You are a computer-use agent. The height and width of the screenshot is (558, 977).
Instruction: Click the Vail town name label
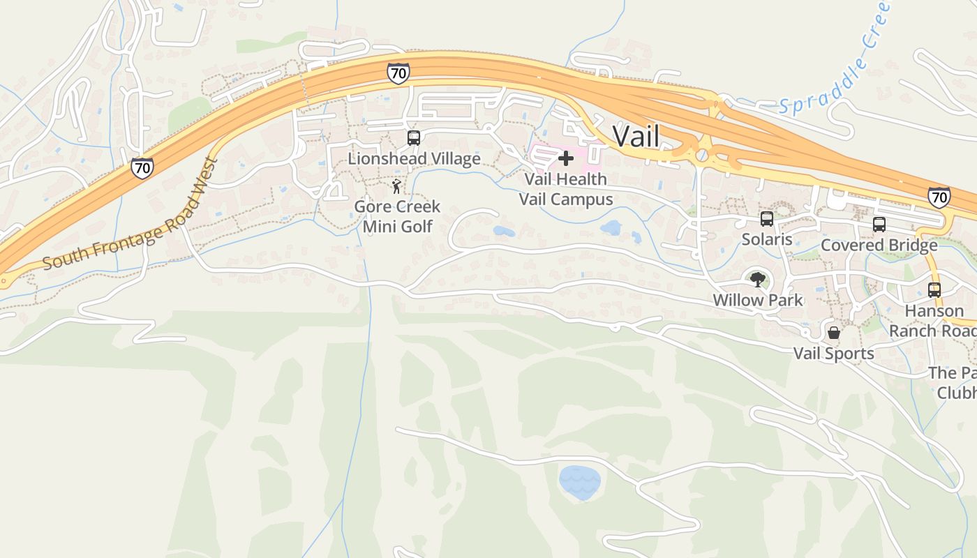click(636, 137)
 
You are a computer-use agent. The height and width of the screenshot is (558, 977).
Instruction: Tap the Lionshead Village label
click(414, 159)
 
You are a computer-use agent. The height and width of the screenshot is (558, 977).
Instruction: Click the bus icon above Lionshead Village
click(414, 137)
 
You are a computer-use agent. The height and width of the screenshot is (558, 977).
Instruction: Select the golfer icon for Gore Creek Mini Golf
click(396, 186)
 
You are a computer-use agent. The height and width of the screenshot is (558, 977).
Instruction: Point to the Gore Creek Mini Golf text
click(397, 216)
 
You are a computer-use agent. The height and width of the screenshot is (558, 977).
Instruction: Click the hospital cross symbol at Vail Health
click(566, 158)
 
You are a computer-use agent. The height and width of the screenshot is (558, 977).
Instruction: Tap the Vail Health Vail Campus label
click(566, 189)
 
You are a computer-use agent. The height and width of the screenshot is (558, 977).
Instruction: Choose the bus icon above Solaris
click(767, 219)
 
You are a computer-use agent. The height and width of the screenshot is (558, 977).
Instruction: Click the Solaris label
click(767, 240)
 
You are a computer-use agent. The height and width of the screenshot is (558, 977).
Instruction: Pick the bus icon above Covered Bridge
click(879, 225)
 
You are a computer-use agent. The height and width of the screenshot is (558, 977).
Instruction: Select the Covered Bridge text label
click(879, 246)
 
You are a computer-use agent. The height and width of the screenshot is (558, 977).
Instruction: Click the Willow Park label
click(757, 301)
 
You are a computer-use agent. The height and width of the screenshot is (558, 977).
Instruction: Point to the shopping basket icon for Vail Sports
click(833, 333)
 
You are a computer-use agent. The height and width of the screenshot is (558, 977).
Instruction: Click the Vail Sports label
click(833, 354)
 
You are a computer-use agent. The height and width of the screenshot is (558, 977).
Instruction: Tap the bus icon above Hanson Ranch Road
click(934, 290)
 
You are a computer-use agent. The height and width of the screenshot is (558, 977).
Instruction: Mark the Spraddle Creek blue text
click(834, 63)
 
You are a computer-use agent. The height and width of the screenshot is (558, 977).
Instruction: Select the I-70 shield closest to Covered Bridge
click(939, 197)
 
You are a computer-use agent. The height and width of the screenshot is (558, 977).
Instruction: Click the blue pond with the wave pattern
click(579, 483)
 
